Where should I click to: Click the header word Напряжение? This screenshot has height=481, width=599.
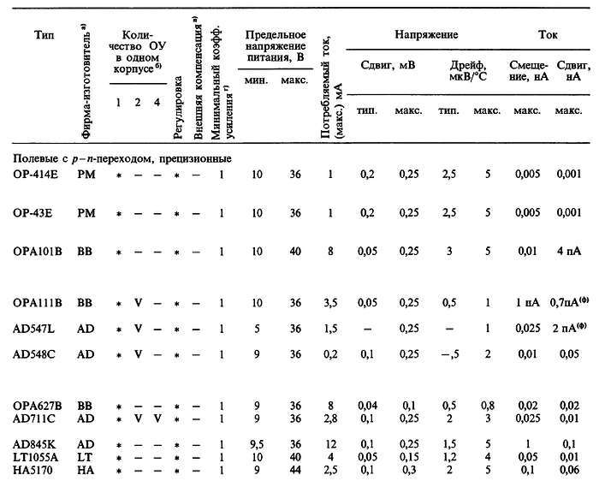(425, 36)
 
